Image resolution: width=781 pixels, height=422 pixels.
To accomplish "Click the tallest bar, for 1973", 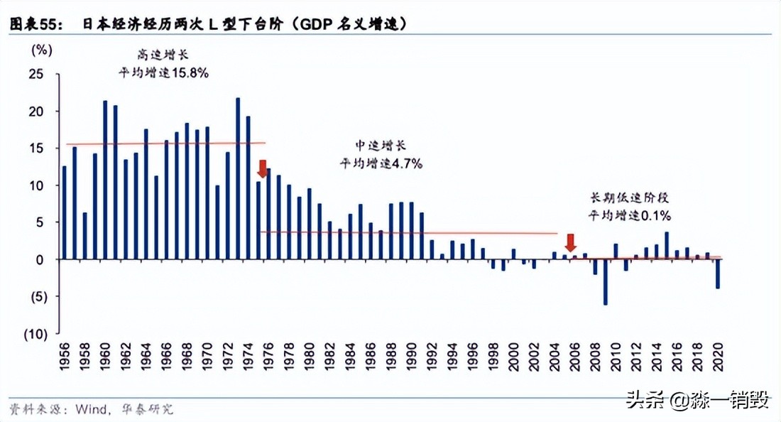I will (238, 178).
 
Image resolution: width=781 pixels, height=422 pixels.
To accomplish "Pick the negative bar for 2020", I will (718, 274).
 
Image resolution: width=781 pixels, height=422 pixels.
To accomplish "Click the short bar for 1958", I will (84, 236).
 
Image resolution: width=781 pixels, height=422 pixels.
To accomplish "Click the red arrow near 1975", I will (263, 169).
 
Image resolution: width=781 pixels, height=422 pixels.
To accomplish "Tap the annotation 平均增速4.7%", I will (381, 163).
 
